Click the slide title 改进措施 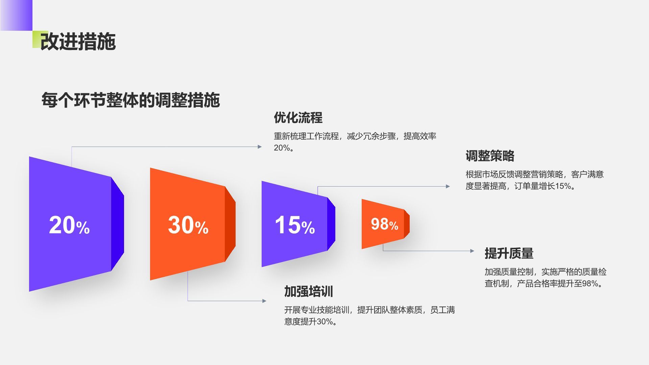[78, 42]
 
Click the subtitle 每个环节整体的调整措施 [131, 100]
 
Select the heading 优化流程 [298, 118]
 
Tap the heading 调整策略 [490, 156]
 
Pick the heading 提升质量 [509, 253]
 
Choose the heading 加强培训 [309, 291]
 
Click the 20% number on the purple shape [69, 225]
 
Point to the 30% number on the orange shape [188, 225]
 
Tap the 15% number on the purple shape [295, 225]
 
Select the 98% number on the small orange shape [385, 224]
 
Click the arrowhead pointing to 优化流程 [260, 147]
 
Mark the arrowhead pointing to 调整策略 [448, 186]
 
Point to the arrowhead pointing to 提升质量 [472, 251]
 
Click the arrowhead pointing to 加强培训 [264, 301]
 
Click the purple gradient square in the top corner [16, 15]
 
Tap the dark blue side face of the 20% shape [118, 224]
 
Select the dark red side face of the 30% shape [230, 224]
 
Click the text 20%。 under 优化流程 [284, 148]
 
